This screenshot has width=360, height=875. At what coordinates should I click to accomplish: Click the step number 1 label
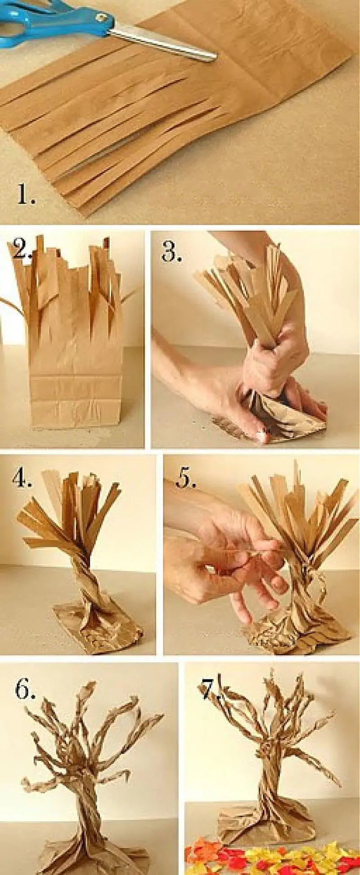(27, 194)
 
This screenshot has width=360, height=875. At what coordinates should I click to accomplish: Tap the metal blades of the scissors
(164, 43)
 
